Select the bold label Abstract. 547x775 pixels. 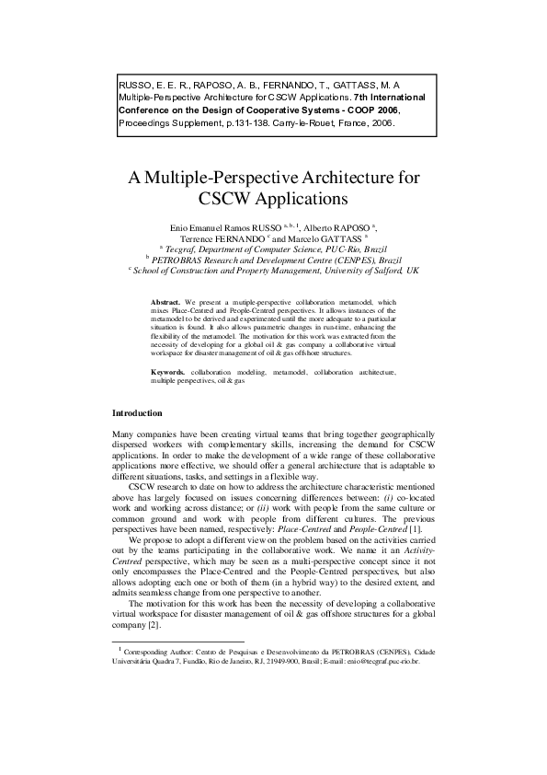(166, 301)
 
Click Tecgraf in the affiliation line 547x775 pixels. (182, 249)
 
